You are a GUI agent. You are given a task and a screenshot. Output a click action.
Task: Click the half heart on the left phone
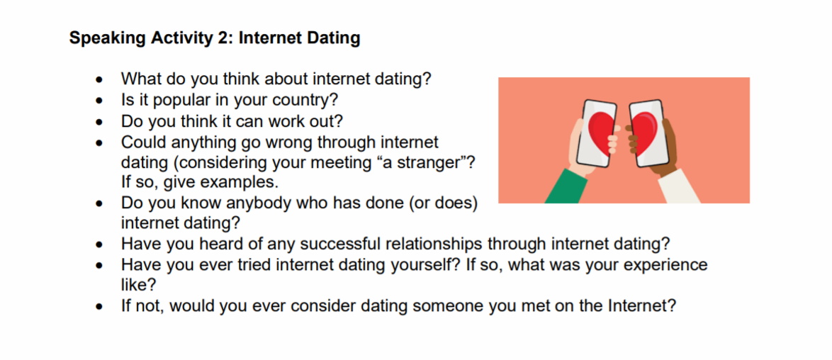click(603, 133)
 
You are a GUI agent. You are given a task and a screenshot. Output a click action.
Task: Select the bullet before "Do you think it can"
click(99, 122)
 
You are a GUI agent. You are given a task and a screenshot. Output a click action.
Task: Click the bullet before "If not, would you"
click(99, 308)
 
